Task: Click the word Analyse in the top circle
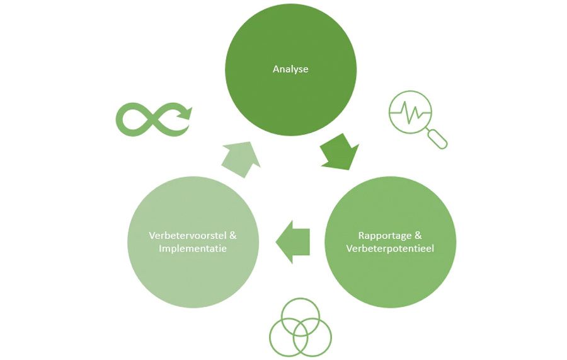[x=290, y=69]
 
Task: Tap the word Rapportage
[x=385, y=236]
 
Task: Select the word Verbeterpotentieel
[x=390, y=248]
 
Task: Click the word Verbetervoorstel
[x=187, y=236]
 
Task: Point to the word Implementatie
[x=193, y=248]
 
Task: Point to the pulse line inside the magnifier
[x=409, y=113]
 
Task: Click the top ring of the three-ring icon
[x=300, y=316]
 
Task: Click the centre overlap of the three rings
[x=300, y=329]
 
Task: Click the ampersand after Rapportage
[x=418, y=236]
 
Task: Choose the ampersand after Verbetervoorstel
[x=232, y=236]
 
